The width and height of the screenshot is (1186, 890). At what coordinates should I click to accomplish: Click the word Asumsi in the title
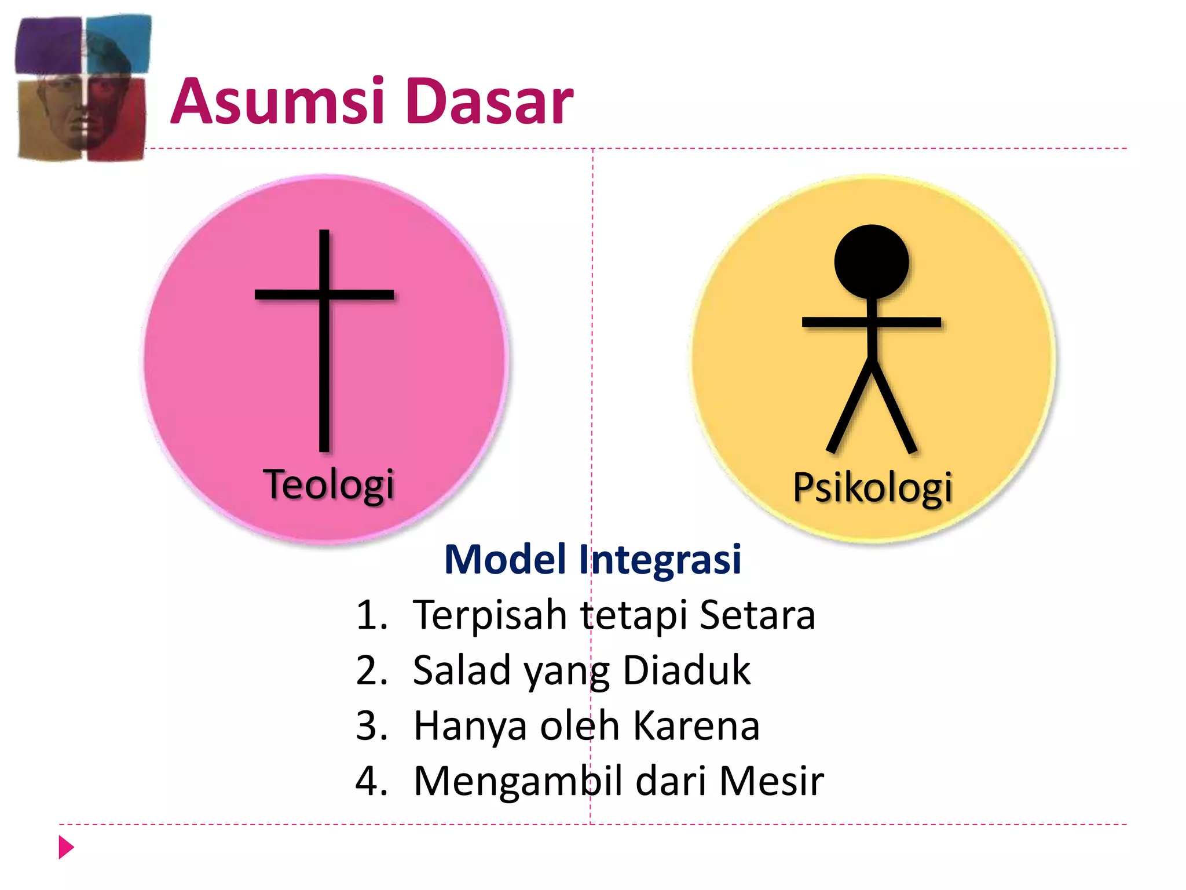[x=278, y=102]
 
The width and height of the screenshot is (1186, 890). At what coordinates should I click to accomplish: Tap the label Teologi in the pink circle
[x=328, y=484]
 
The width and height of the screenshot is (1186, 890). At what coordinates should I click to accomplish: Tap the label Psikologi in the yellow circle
[x=872, y=488]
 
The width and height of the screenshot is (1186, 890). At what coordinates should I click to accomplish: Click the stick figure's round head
[x=872, y=262]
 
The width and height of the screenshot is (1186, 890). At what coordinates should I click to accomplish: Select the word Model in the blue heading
[x=505, y=560]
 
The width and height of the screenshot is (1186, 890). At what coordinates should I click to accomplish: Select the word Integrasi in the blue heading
[x=660, y=560]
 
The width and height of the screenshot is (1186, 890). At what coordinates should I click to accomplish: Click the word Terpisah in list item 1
[x=490, y=615]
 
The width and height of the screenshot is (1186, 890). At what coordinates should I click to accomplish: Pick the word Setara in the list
[x=757, y=615]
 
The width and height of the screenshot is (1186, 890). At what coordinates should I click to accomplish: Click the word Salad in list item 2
[x=462, y=670]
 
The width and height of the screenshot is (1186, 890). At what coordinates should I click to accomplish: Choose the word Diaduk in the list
[x=687, y=670]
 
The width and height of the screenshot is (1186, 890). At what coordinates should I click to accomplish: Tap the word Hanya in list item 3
[x=470, y=726]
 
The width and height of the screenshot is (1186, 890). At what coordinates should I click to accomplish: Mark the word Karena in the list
[x=696, y=726]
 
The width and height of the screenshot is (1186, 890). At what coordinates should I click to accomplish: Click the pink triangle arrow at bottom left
[x=67, y=848]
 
